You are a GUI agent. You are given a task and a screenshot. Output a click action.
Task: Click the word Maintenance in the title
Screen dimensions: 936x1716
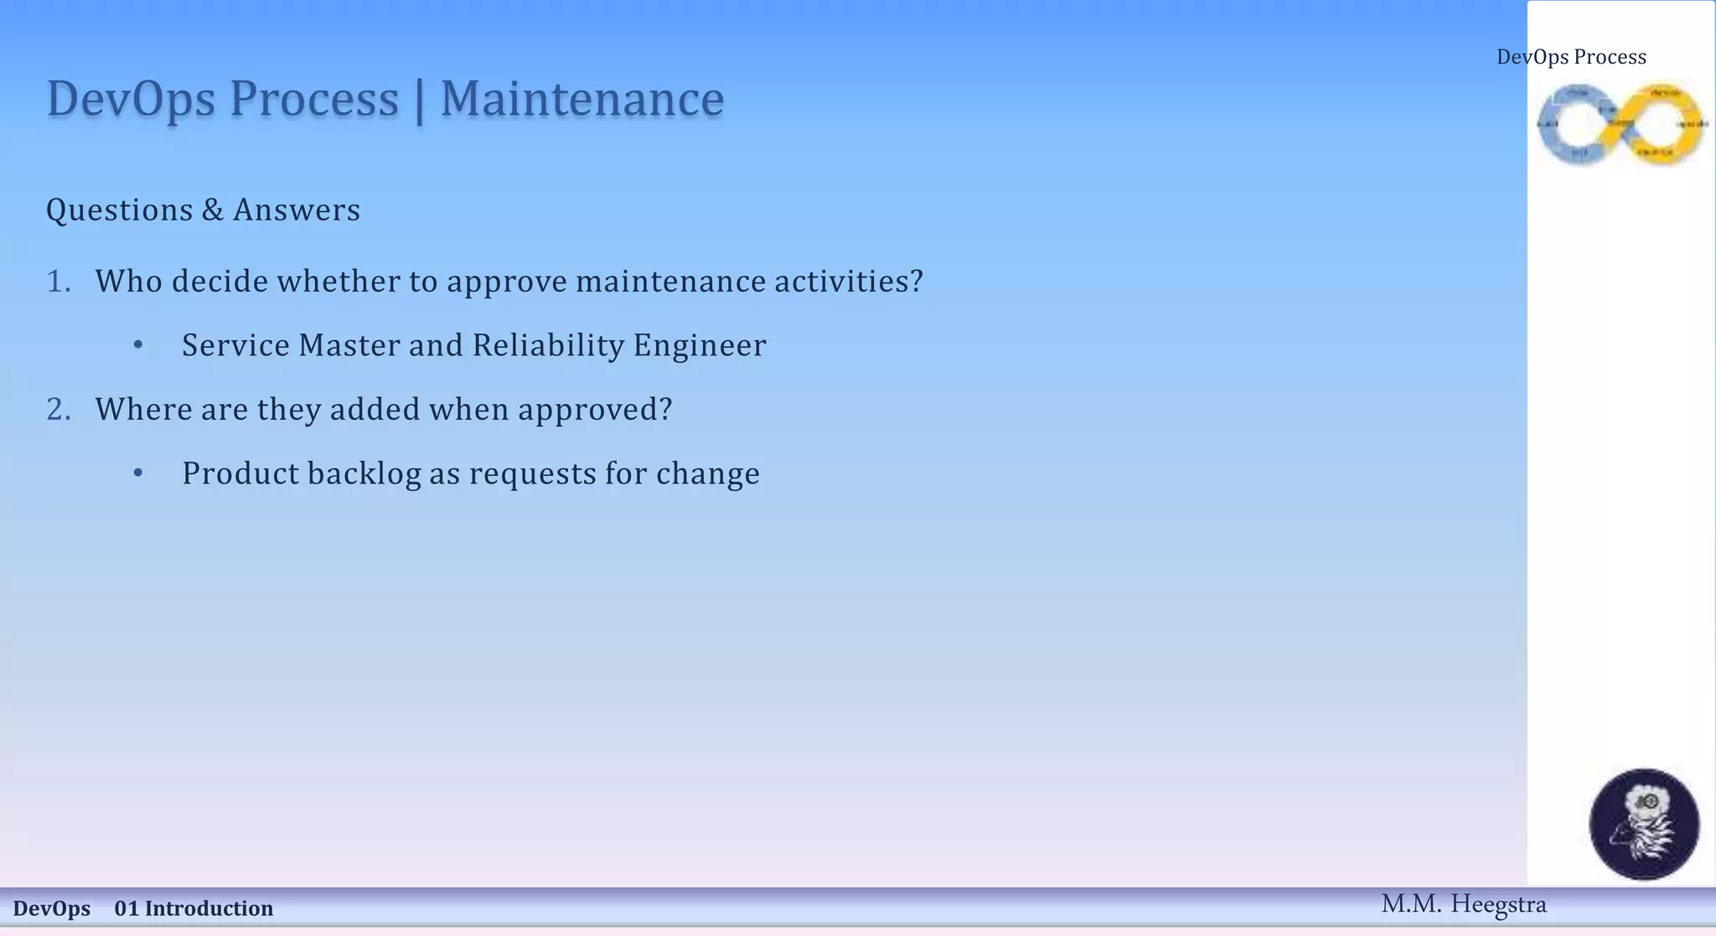(581, 99)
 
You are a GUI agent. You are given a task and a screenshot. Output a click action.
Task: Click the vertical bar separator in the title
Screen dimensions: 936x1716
(419, 101)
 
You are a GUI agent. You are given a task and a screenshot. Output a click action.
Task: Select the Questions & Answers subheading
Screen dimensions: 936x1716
(203, 209)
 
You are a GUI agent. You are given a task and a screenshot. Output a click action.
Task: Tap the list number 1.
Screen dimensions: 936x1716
(58, 282)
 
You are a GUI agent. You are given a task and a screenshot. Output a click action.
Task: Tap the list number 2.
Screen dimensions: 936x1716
(58, 410)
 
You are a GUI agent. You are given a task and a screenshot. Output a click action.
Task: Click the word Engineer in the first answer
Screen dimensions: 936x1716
(700, 345)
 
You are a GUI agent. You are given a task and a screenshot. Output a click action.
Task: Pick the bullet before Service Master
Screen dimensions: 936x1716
(138, 345)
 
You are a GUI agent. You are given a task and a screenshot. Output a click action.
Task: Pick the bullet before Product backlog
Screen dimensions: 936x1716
(138, 473)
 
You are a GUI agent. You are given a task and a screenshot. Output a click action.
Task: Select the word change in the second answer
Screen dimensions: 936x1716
(708, 473)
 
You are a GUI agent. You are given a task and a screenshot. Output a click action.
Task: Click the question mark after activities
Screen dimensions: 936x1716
(916, 282)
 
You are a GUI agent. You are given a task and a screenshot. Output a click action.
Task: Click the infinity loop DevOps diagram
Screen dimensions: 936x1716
(1621, 124)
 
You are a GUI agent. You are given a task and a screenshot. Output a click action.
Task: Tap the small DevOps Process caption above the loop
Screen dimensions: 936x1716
(1571, 57)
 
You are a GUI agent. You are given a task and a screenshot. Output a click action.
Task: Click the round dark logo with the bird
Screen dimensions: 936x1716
(1644, 824)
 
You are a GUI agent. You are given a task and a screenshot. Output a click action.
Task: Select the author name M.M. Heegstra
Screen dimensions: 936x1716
(1464, 904)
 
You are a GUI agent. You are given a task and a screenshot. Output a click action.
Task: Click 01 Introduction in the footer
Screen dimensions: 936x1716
(194, 908)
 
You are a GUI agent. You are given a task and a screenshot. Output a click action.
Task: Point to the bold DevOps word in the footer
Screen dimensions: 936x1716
(52, 908)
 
